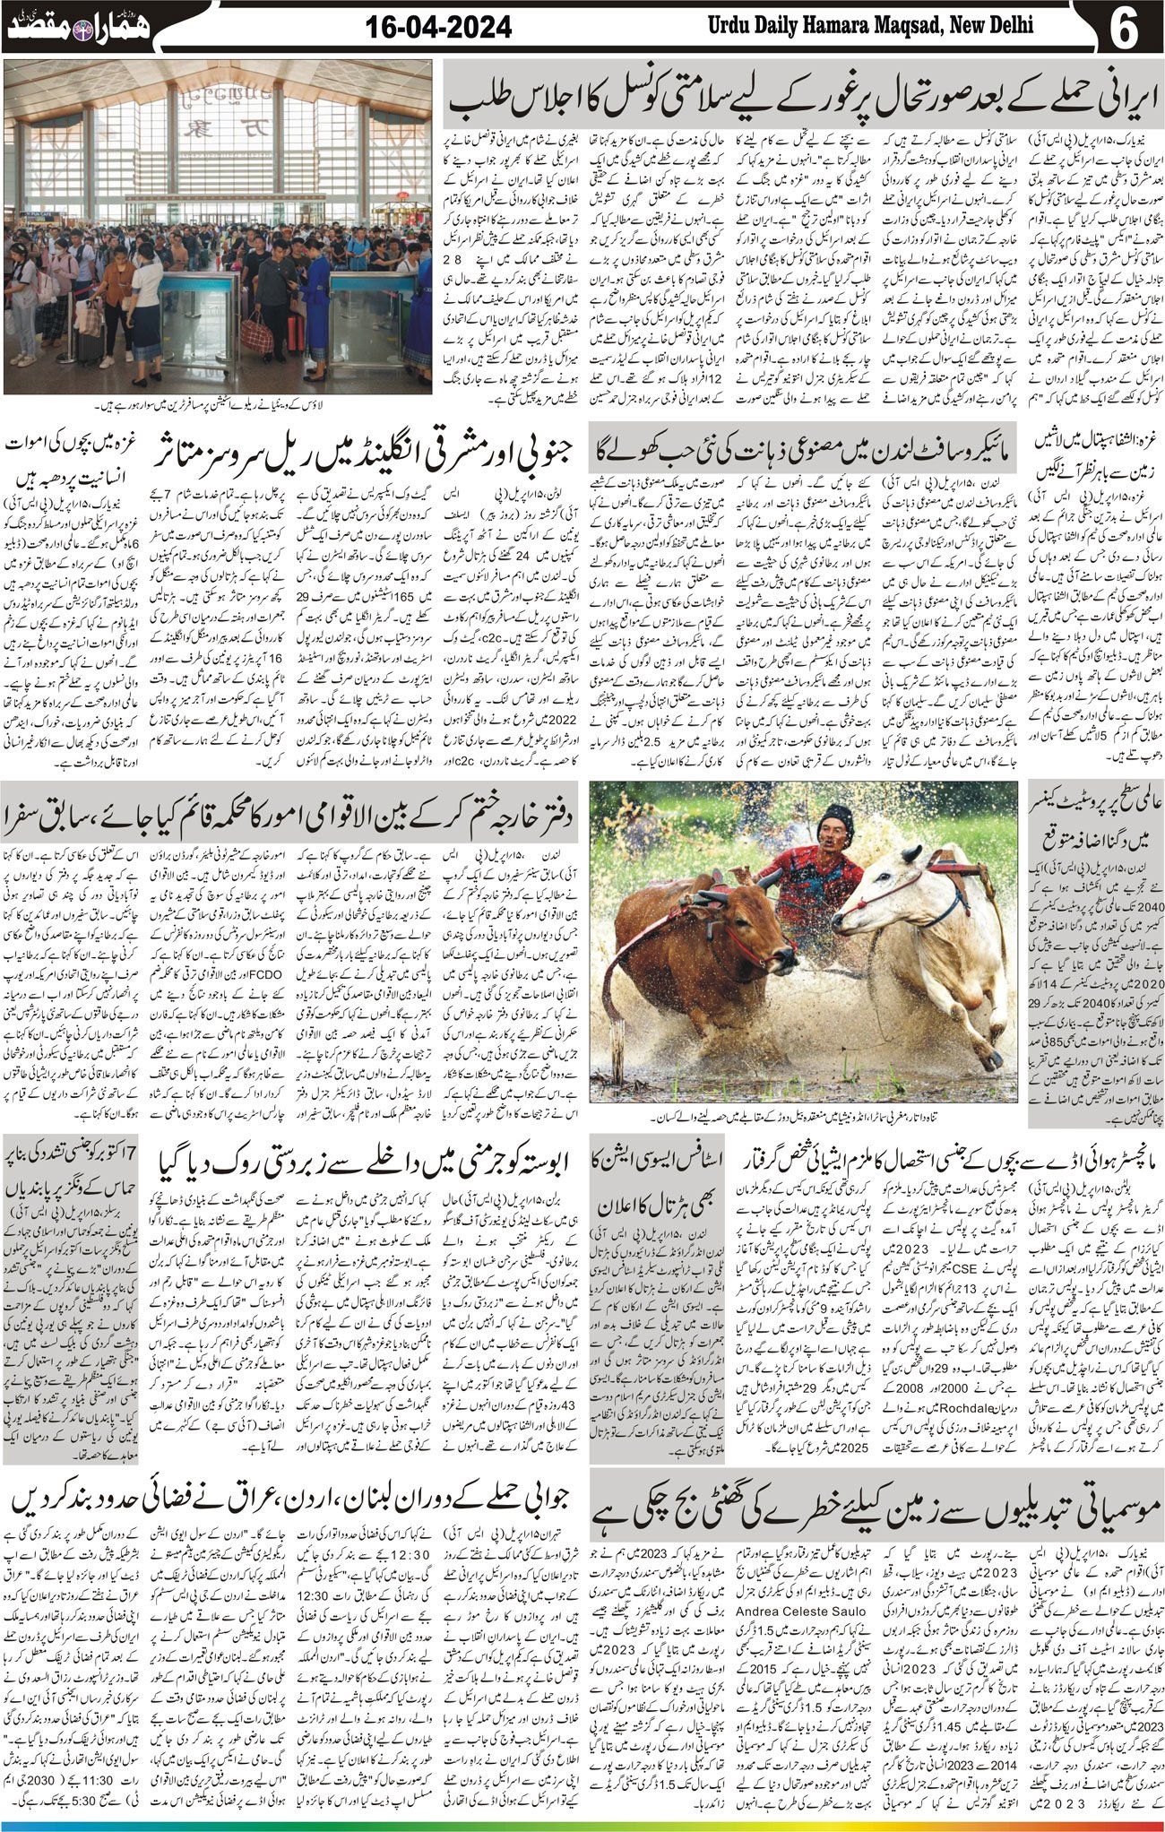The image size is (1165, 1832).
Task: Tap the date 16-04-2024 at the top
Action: (x=439, y=27)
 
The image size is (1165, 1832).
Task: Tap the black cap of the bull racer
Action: (x=838, y=814)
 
